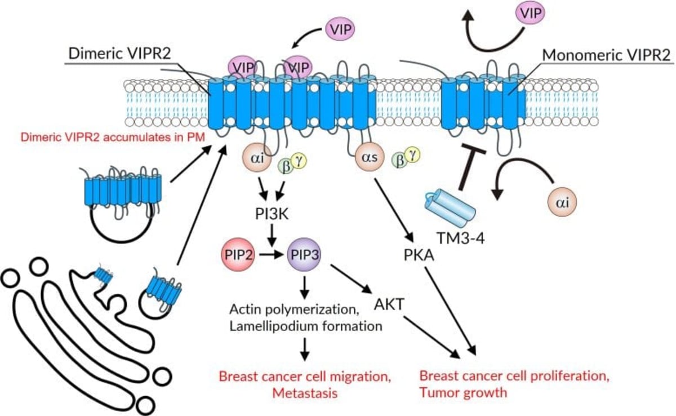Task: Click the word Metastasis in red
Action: coord(303,392)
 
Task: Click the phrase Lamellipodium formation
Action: coord(306,325)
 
